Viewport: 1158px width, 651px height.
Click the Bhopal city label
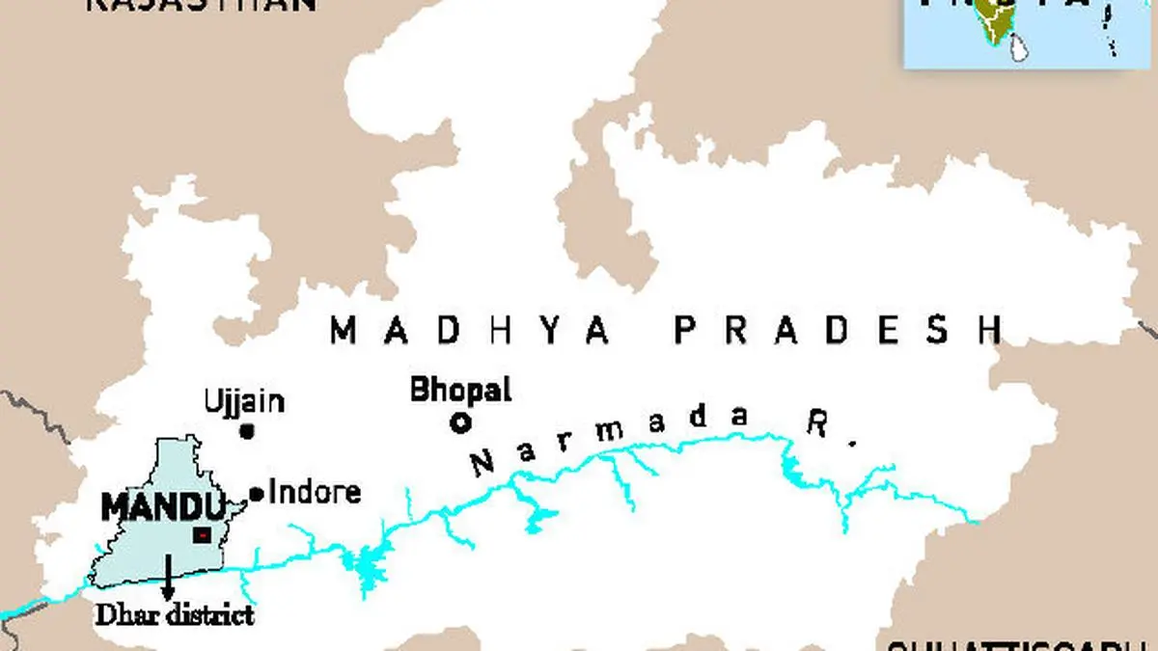pyautogui.click(x=460, y=391)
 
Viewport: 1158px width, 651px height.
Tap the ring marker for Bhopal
pyautogui.click(x=460, y=421)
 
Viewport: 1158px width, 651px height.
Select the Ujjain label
pyautogui.click(x=244, y=401)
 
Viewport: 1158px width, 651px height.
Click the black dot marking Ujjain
pyautogui.click(x=247, y=431)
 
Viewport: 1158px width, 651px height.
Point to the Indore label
pyautogui.click(x=315, y=492)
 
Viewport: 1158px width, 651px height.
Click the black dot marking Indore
pyautogui.click(x=257, y=494)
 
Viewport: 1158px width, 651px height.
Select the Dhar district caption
pyautogui.click(x=173, y=614)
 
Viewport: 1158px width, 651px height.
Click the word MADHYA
pyautogui.click(x=471, y=331)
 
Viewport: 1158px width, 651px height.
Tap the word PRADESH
pyautogui.click(x=838, y=330)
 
